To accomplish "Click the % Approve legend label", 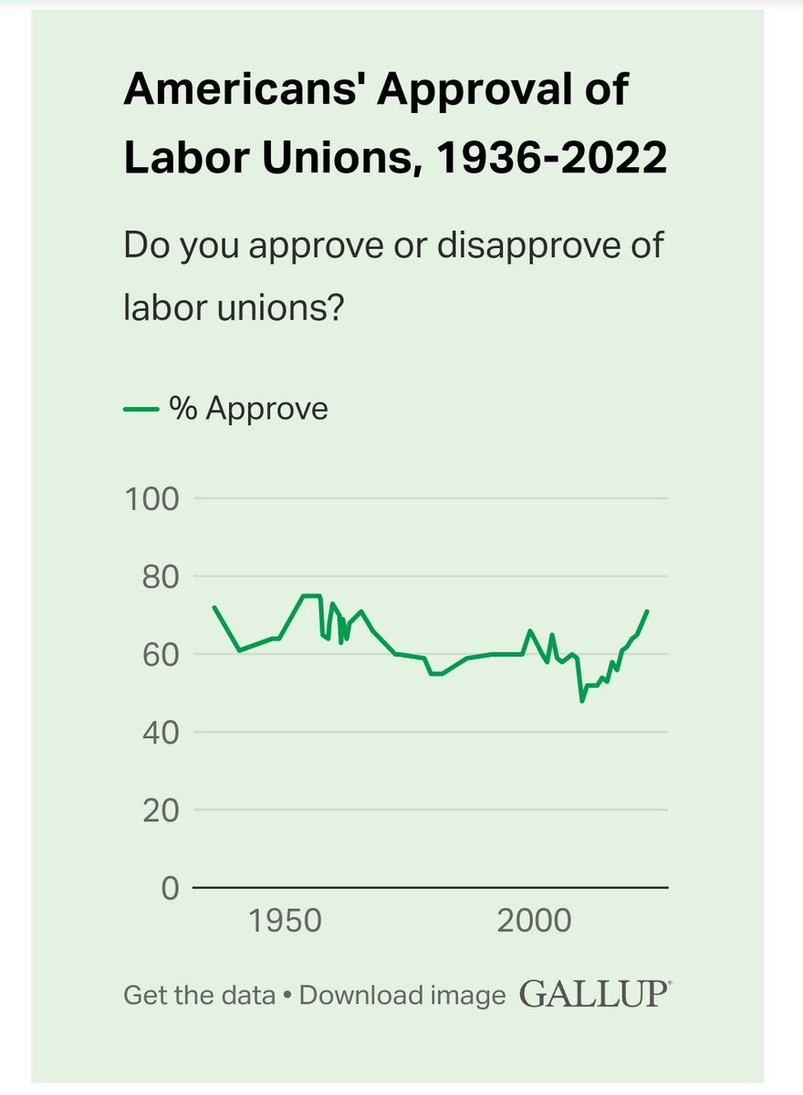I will (248, 409).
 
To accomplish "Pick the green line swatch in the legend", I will (141, 410).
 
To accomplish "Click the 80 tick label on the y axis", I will (159, 577).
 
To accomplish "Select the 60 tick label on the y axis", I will (159, 654).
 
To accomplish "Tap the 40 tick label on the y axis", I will (159, 732).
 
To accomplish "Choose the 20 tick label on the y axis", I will (159, 809).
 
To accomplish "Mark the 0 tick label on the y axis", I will (170, 887).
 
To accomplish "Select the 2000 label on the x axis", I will (534, 921).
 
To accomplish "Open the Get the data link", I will (199, 995).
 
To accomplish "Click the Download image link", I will (402, 995).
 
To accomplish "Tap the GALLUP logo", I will (595, 994).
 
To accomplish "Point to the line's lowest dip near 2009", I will (581, 701).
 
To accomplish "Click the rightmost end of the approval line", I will (647, 611).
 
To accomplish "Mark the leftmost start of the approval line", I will (214, 607).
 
